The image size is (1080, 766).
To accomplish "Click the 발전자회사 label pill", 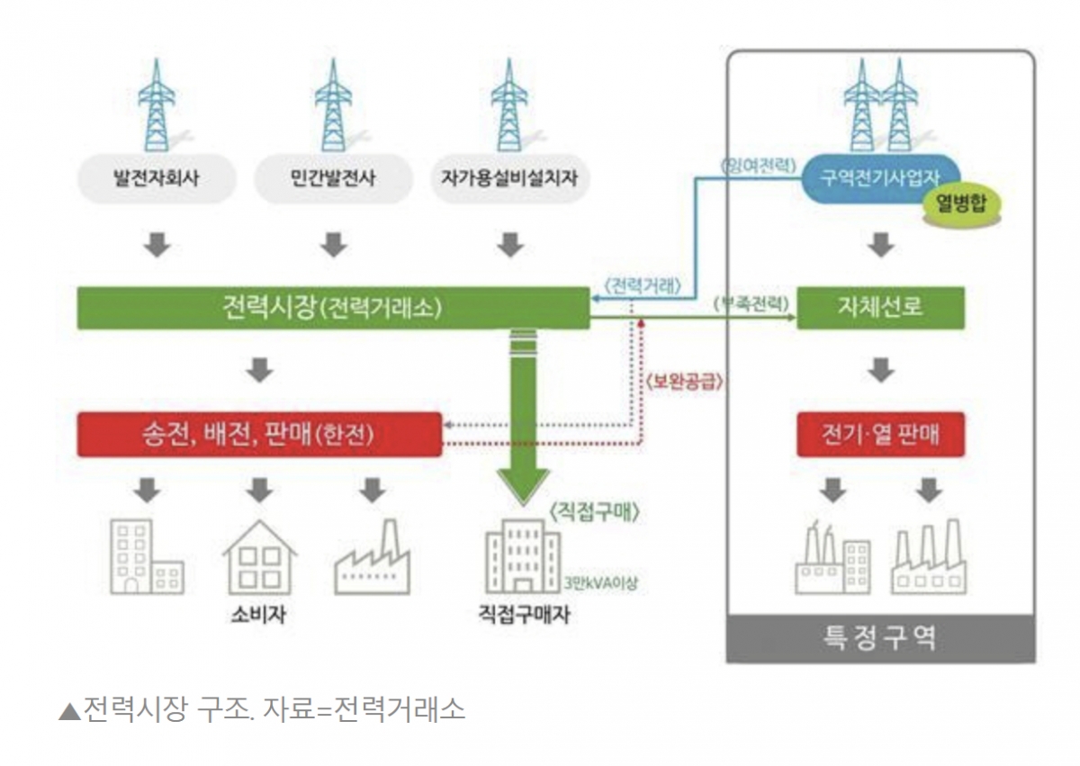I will point(157,177).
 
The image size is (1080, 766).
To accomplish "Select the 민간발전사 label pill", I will point(333,177).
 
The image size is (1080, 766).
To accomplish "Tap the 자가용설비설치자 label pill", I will point(509,177).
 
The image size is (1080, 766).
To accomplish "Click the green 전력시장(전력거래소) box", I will point(332,308).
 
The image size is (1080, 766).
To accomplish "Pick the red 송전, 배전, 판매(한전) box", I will point(259,435).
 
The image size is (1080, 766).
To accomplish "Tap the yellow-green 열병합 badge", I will point(960,203).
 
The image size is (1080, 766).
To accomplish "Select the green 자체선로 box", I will point(881,308).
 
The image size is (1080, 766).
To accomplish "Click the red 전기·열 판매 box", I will point(881,436).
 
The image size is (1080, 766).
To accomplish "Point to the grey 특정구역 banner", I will point(880,637).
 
